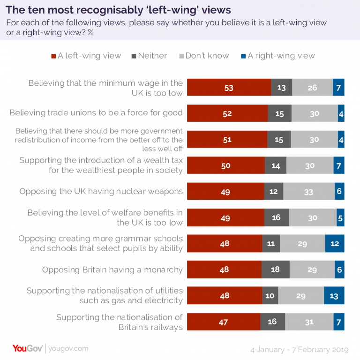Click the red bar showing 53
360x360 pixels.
(229, 88)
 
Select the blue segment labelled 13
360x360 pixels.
(334, 296)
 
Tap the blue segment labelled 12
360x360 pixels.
(335, 244)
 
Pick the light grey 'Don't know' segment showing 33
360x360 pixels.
(309, 192)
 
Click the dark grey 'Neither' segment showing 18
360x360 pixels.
(276, 270)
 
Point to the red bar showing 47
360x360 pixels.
(224, 322)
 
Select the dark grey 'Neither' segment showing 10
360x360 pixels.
(270, 296)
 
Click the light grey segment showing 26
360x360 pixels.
(312, 88)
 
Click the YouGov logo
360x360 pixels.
(27, 348)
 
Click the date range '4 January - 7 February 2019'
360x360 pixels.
(300, 350)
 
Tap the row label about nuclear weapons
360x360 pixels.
(101, 192)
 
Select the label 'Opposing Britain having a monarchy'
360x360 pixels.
(112, 270)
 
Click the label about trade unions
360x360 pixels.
(96, 113)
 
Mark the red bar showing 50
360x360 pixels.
(226, 165)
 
